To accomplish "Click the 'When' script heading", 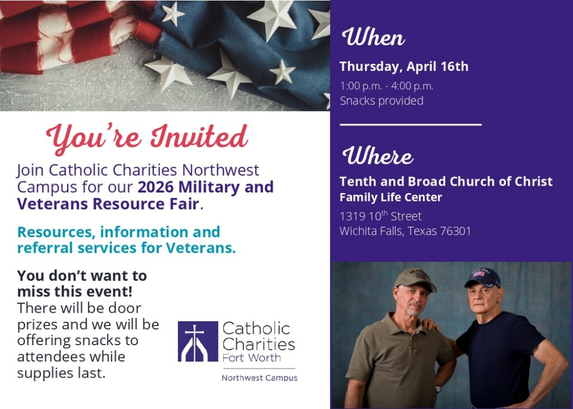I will coord(373,38).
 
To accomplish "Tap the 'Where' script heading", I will coord(378,156).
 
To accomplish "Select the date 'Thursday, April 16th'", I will coord(404,67).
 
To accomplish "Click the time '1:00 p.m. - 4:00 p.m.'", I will coord(387,86).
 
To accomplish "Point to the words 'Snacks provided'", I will coord(382,101).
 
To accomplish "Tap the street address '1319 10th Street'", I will coord(381,216).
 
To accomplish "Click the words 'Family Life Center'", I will coord(391,197).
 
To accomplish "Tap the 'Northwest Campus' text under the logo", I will coord(259,378).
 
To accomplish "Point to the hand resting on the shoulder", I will coord(429,325).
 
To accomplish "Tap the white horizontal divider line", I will coord(410,124).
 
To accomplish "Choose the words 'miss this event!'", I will coord(74,292).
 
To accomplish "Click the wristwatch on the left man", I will coord(438,388).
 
